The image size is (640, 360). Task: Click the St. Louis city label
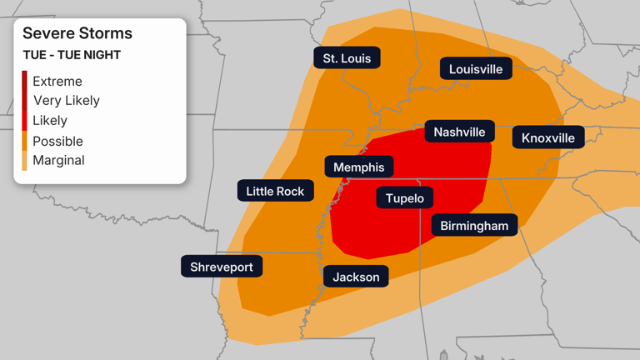[x=347, y=57]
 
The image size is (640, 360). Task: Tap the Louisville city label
[x=476, y=69]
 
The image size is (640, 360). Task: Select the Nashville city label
[x=459, y=132]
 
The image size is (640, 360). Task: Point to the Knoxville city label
[x=547, y=137]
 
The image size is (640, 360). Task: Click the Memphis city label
[x=358, y=167]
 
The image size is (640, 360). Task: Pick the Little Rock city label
[x=275, y=191]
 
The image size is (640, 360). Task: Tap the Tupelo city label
[x=405, y=197]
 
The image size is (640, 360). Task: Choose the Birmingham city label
[x=473, y=226]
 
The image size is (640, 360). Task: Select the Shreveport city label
[x=222, y=267]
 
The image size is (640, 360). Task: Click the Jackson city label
[x=356, y=277]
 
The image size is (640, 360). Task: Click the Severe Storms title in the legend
[x=77, y=33]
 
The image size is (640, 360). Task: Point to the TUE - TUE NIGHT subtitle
[x=72, y=55]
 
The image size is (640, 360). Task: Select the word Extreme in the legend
[x=57, y=81]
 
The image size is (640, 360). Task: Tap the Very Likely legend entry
[x=66, y=101]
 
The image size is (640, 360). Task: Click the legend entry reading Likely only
[x=49, y=121]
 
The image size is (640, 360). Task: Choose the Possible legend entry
[x=57, y=141]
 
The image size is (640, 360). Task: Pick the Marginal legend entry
[x=58, y=160]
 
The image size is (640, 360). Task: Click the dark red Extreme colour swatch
[x=25, y=81]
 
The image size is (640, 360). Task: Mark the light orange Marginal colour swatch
[x=25, y=160]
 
